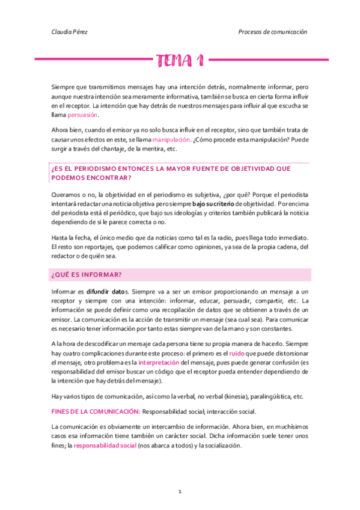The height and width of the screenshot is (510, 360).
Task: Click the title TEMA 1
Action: click(180, 60)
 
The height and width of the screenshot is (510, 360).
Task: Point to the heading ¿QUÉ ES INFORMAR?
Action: click(87, 275)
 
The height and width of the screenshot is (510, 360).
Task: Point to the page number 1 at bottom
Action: click(180, 492)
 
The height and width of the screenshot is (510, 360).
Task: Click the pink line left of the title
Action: click(91, 60)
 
